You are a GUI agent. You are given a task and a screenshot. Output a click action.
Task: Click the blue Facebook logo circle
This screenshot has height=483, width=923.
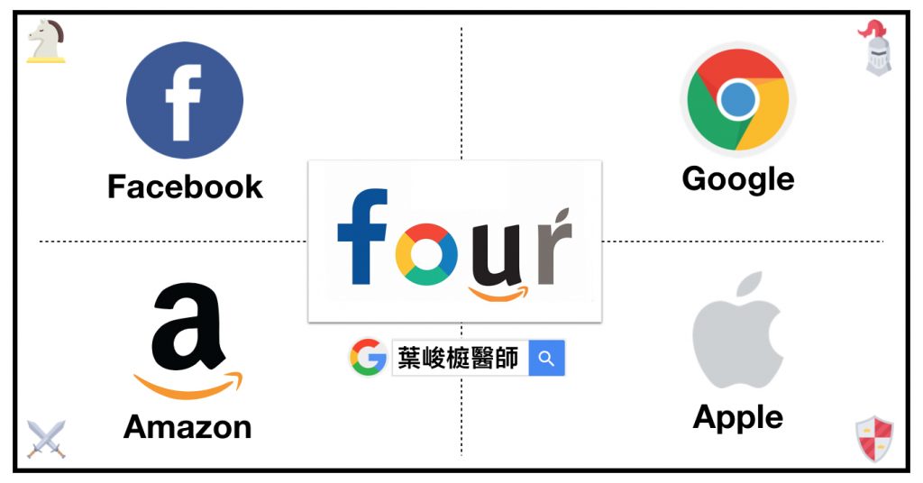[x=184, y=99]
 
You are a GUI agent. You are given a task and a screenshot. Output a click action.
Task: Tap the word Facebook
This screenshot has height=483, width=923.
[x=185, y=187]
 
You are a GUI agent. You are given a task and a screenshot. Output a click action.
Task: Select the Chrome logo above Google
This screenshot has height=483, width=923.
[x=737, y=99]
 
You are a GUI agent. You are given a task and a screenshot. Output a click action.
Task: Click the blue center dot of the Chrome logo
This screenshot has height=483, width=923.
[x=737, y=99]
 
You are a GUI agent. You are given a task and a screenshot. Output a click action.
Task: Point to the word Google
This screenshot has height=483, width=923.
[x=738, y=179]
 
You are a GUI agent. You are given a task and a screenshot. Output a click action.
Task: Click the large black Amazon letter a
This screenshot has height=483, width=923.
[x=187, y=327]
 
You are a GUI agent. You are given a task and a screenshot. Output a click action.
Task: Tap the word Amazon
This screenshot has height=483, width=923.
[x=187, y=427]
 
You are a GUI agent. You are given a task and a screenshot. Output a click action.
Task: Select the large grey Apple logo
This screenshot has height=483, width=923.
[x=737, y=330]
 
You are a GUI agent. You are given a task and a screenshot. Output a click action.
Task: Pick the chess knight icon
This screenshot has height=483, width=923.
[x=46, y=41]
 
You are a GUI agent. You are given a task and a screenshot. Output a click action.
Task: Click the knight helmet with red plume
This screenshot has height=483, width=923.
[x=875, y=47]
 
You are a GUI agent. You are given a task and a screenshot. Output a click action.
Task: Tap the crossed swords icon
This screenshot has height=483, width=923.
[x=46, y=440]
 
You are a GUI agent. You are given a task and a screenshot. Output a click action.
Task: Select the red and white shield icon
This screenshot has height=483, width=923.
[x=874, y=439]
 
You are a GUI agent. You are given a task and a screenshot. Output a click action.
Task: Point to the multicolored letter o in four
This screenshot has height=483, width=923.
[x=426, y=254]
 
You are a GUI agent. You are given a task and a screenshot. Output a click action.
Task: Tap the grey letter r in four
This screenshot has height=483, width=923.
[x=553, y=246]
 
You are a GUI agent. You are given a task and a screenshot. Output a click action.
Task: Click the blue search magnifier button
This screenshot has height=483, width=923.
[x=547, y=358]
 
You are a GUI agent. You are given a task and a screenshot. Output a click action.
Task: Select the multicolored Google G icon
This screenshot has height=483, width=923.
[x=368, y=357]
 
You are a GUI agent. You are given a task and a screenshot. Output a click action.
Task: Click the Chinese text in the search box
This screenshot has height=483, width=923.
[x=458, y=358]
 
